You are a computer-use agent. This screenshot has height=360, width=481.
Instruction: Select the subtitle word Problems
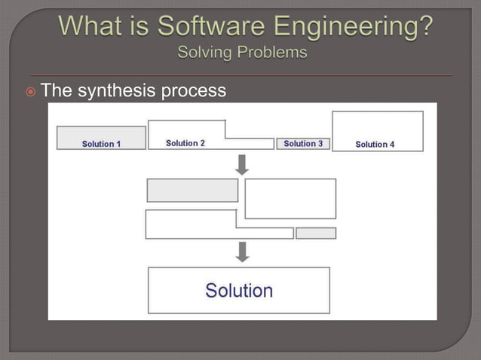[271, 53]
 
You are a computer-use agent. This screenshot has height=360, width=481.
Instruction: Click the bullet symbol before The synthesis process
[29, 92]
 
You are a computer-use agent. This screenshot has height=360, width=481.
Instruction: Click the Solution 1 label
[101, 144]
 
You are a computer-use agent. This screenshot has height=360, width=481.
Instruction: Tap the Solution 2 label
[185, 143]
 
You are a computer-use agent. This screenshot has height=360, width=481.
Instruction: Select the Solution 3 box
[303, 143]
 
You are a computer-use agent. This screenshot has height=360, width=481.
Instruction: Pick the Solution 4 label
[375, 144]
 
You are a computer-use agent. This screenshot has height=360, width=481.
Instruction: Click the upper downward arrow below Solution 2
[242, 164]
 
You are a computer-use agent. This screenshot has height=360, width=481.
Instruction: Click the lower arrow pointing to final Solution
[242, 252]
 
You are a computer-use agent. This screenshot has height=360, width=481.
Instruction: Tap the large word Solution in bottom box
[239, 291]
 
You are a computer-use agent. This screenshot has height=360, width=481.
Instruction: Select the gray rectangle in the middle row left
[192, 191]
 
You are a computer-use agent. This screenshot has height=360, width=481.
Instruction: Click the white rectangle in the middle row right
[290, 198]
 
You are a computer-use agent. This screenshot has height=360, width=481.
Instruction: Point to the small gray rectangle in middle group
[316, 233]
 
